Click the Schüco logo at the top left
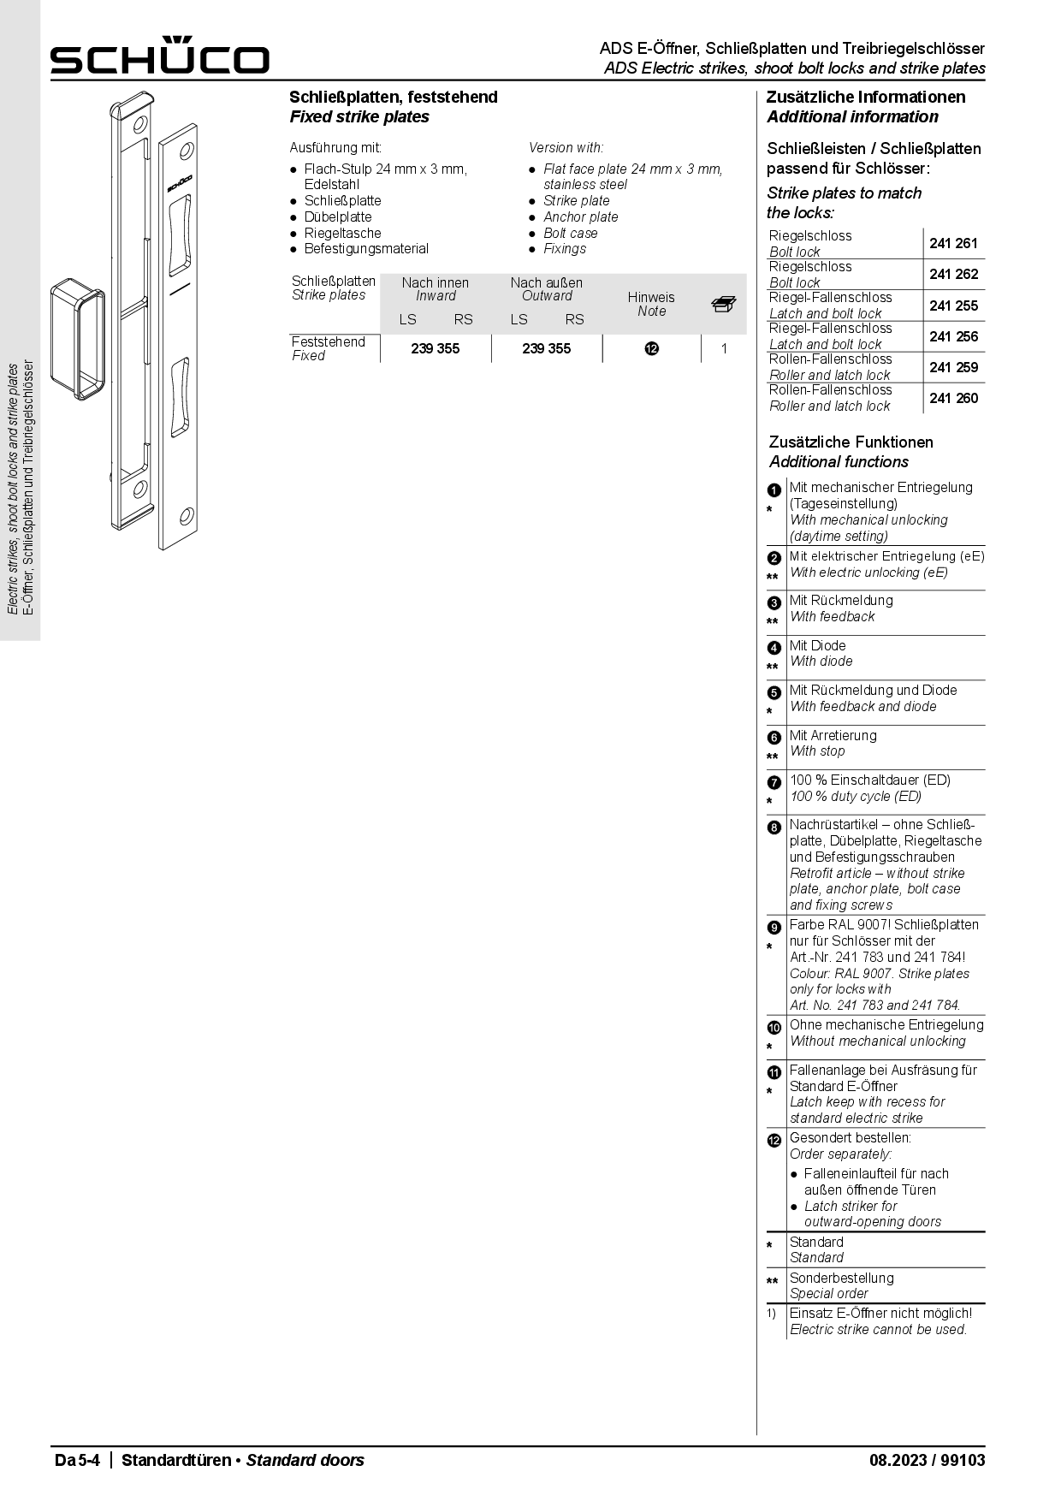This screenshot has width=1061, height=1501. [x=159, y=56]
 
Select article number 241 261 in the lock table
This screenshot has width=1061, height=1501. [x=953, y=244]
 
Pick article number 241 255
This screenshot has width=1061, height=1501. [x=953, y=306]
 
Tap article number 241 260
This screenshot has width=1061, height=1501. [x=953, y=398]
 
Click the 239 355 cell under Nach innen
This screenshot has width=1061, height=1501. [x=435, y=349]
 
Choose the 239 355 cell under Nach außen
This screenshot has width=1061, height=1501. [x=546, y=349]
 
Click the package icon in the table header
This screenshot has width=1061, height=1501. [x=723, y=304]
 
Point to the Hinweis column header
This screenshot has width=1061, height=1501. [x=651, y=298]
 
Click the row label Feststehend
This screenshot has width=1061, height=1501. [x=328, y=342]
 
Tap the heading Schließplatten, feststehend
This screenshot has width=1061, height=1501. [x=393, y=98]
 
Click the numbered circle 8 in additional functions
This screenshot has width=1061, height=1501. [x=774, y=828]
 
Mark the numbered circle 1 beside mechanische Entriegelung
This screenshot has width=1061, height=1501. [x=774, y=490]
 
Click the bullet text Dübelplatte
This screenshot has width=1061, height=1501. [x=338, y=217]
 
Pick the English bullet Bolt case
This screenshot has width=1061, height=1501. [x=570, y=234]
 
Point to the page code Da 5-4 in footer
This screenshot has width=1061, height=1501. [x=77, y=1460]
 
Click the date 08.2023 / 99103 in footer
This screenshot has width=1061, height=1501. [x=927, y=1460]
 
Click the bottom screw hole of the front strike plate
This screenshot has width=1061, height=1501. [x=185, y=517]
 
